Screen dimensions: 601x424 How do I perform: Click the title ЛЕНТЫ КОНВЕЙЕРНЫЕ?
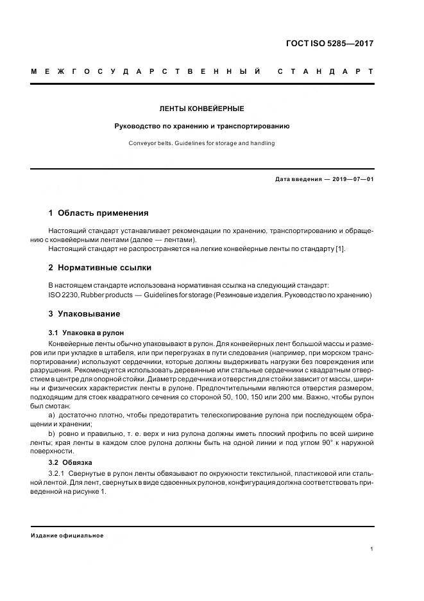click(x=201, y=109)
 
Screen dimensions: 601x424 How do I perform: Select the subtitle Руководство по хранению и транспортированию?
click(x=201, y=126)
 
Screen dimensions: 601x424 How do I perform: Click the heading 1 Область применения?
click(x=98, y=213)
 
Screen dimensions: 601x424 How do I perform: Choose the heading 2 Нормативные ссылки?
click(x=99, y=267)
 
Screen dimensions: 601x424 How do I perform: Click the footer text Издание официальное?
click(x=67, y=535)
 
